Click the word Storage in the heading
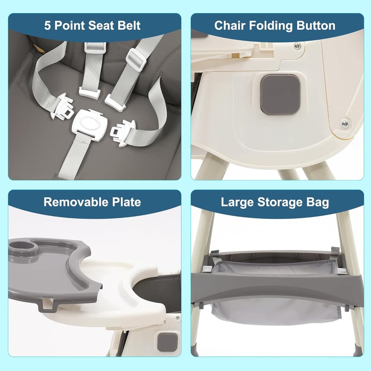(x=280, y=203)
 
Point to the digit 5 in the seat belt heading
(x=47, y=26)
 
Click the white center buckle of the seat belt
(x=90, y=125)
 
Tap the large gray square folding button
(x=281, y=94)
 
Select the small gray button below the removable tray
(x=167, y=342)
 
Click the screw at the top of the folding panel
(x=297, y=45)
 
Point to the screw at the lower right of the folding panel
(x=345, y=123)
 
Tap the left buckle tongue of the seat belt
(x=62, y=106)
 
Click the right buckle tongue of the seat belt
(x=123, y=133)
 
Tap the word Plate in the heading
(x=127, y=202)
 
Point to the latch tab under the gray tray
(x=47, y=305)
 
